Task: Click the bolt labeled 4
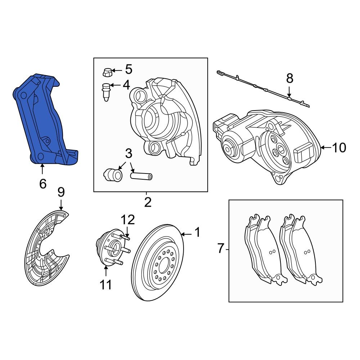coord(106,92)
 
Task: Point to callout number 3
coord(129,153)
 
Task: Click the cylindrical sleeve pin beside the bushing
coord(141,176)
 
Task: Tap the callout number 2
coord(148,202)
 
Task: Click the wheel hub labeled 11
coord(110,248)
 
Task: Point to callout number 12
coord(128,220)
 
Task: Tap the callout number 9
coord(61,192)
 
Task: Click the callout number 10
coord(339,148)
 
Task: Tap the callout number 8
coord(290,78)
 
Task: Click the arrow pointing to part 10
coord(325,147)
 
